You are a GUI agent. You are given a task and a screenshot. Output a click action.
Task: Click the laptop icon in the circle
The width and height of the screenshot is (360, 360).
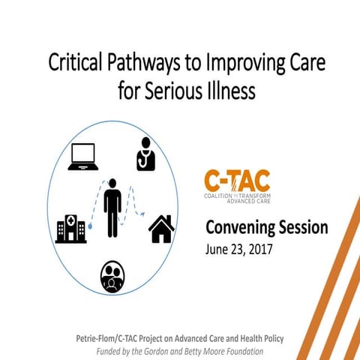pyautogui.click(x=83, y=157)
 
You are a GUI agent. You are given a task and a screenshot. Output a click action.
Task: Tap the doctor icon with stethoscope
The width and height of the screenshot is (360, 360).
pyautogui.click(x=145, y=153)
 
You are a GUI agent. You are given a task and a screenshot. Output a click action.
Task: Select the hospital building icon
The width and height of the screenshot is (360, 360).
pyautogui.click(x=71, y=228)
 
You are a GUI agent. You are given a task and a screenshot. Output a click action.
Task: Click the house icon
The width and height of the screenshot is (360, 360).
pyautogui.click(x=161, y=229)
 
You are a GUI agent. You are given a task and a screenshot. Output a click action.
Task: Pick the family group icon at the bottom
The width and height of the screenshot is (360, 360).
pyautogui.click(x=112, y=276)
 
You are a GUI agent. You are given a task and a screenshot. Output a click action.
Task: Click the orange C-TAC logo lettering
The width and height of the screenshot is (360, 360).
pyautogui.click(x=236, y=181)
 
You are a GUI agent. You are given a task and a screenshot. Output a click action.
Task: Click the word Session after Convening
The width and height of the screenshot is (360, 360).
pyautogui.click(x=302, y=228)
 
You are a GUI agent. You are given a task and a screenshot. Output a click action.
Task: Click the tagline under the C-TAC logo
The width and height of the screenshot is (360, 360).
pyautogui.click(x=236, y=197)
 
